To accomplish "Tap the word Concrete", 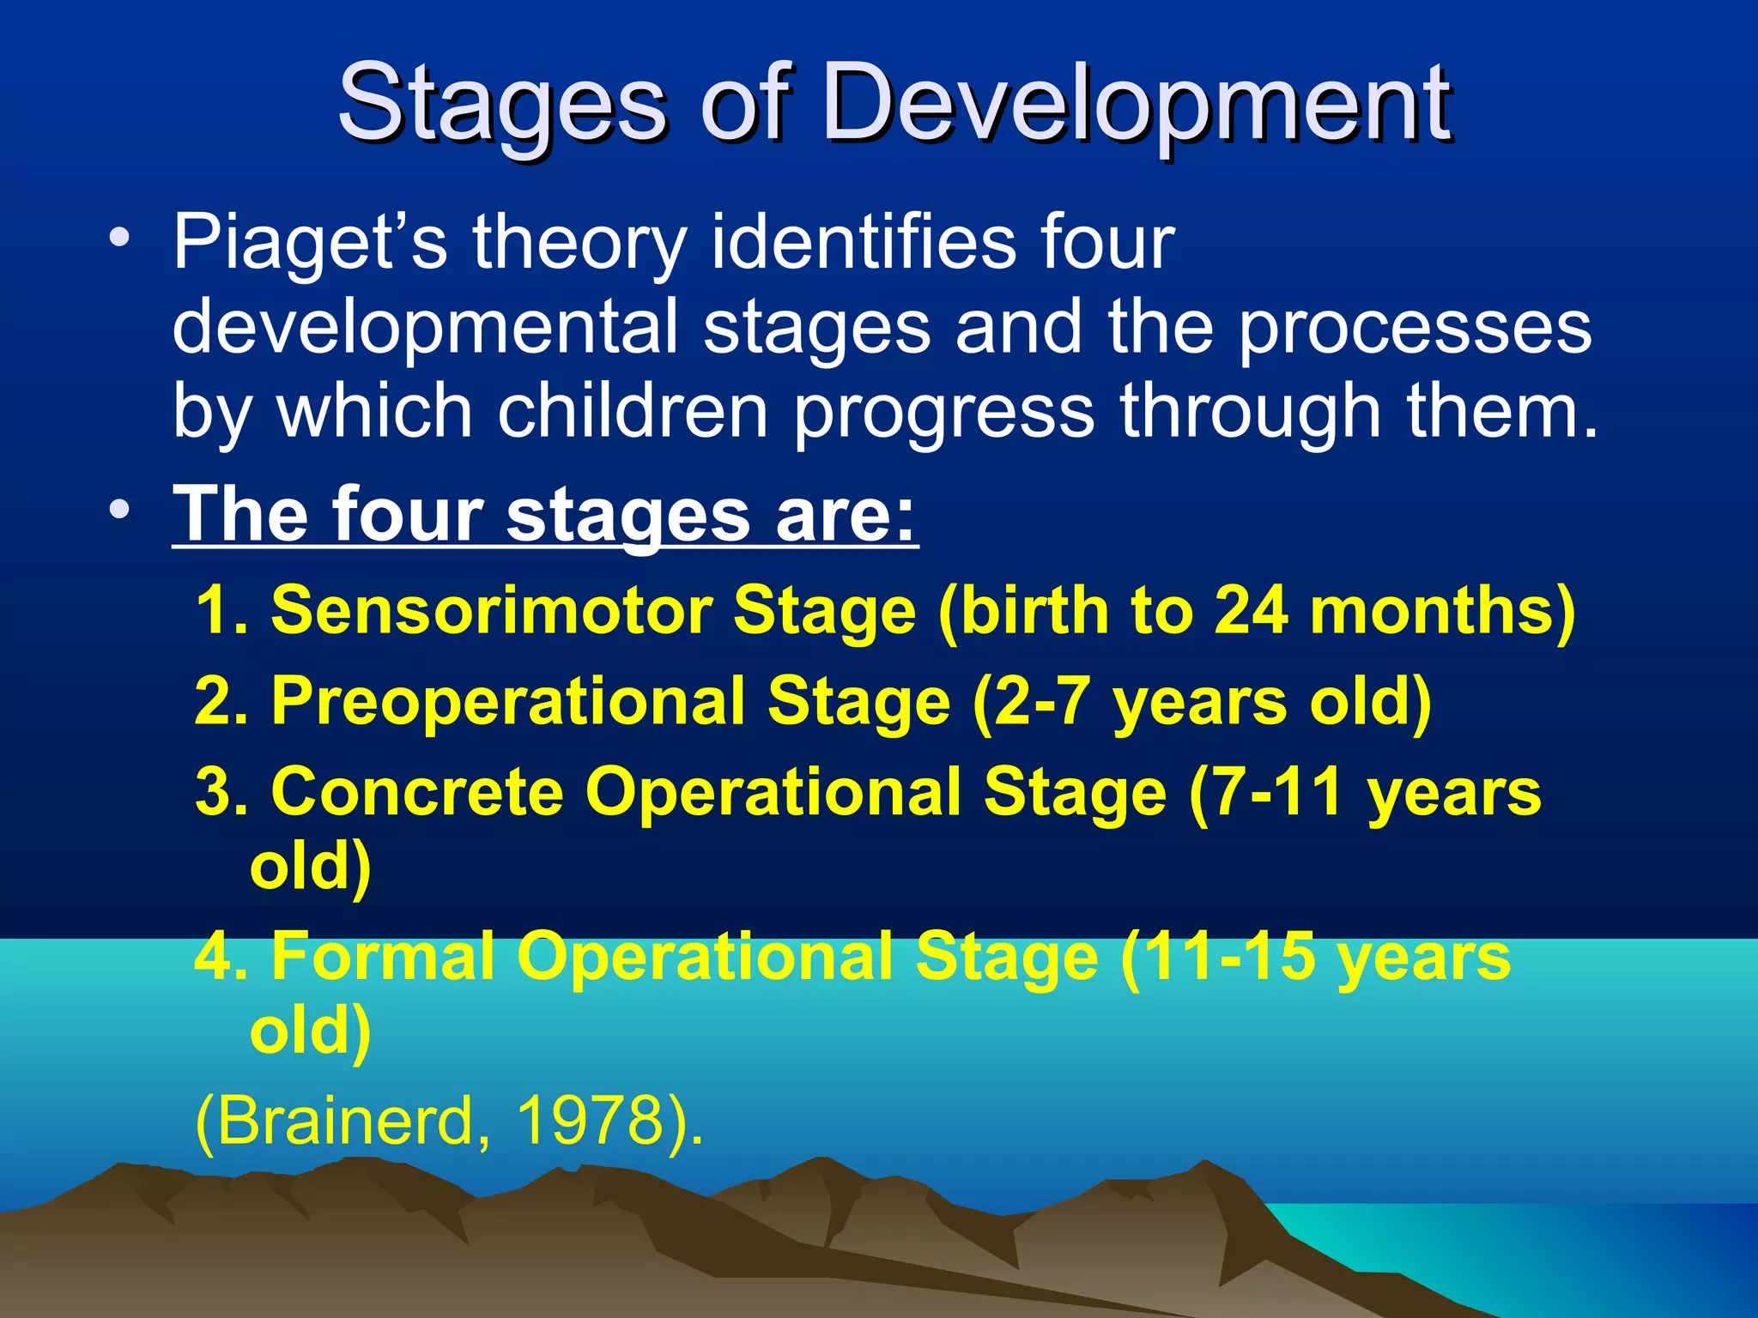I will pyautogui.click(x=417, y=791).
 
